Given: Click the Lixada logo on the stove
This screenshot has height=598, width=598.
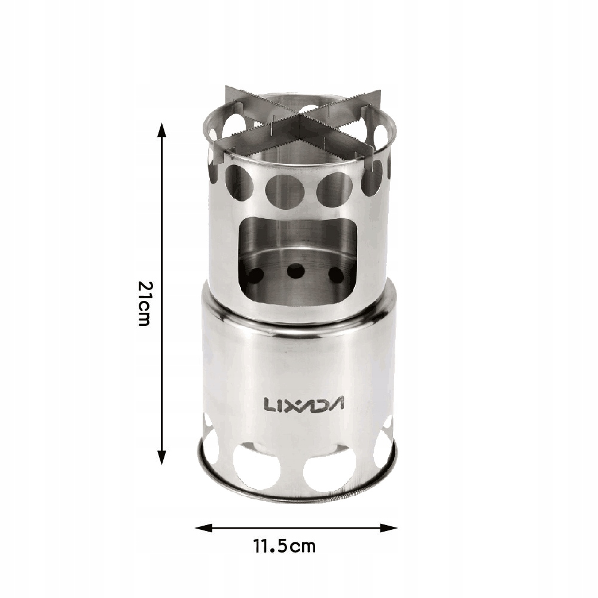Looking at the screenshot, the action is click(304, 404).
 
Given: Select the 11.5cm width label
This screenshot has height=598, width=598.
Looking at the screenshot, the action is click(285, 546).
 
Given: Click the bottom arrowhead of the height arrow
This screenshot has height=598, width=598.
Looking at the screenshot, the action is click(162, 457).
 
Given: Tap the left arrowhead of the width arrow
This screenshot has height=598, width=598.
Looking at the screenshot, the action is click(203, 528).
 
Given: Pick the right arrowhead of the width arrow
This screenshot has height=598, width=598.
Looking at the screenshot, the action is click(389, 528).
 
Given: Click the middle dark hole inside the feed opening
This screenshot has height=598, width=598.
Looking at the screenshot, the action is click(297, 271).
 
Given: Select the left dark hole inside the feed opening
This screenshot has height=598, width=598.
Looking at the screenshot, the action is click(255, 274).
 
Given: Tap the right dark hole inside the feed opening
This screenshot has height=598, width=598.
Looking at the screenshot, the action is click(337, 275).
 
